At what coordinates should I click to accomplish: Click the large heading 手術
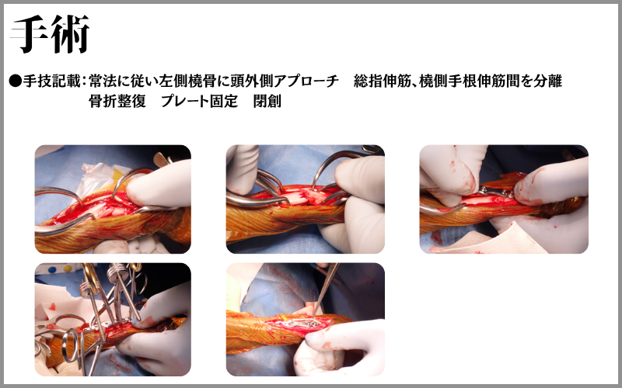click(51, 34)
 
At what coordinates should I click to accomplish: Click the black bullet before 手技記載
click(15, 81)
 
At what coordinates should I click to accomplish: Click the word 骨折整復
click(117, 102)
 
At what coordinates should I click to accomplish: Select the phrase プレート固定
click(200, 102)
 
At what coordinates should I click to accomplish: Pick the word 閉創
click(267, 102)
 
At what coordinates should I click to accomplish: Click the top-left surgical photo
click(113, 199)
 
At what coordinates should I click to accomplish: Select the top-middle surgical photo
click(306, 199)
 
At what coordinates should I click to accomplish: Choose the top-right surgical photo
click(504, 199)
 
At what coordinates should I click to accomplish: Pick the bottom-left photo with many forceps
click(113, 320)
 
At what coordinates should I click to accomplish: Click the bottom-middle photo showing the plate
click(306, 320)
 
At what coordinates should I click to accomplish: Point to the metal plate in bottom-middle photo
click(303, 324)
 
